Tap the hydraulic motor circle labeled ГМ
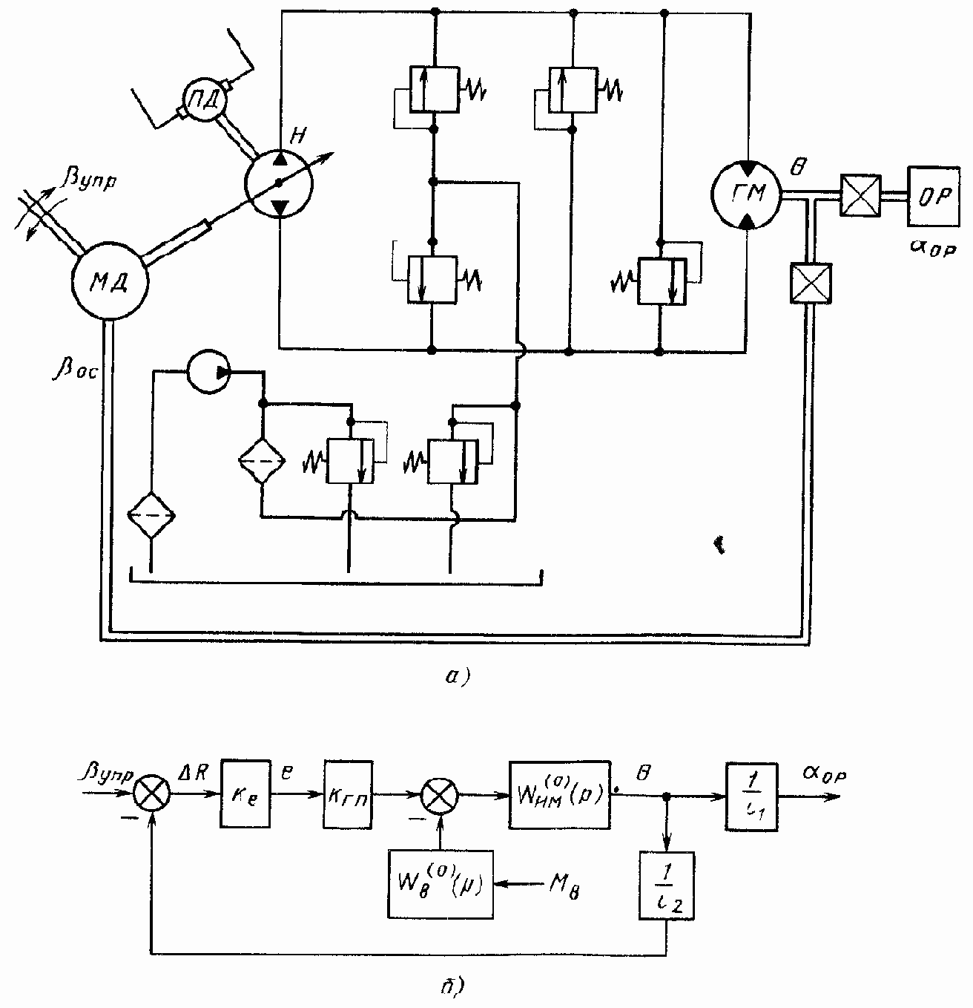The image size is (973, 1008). coord(745,194)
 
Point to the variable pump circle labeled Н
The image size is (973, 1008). coord(279,183)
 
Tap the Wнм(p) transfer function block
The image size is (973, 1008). coord(559,795)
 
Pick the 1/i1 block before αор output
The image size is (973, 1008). coord(751,796)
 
